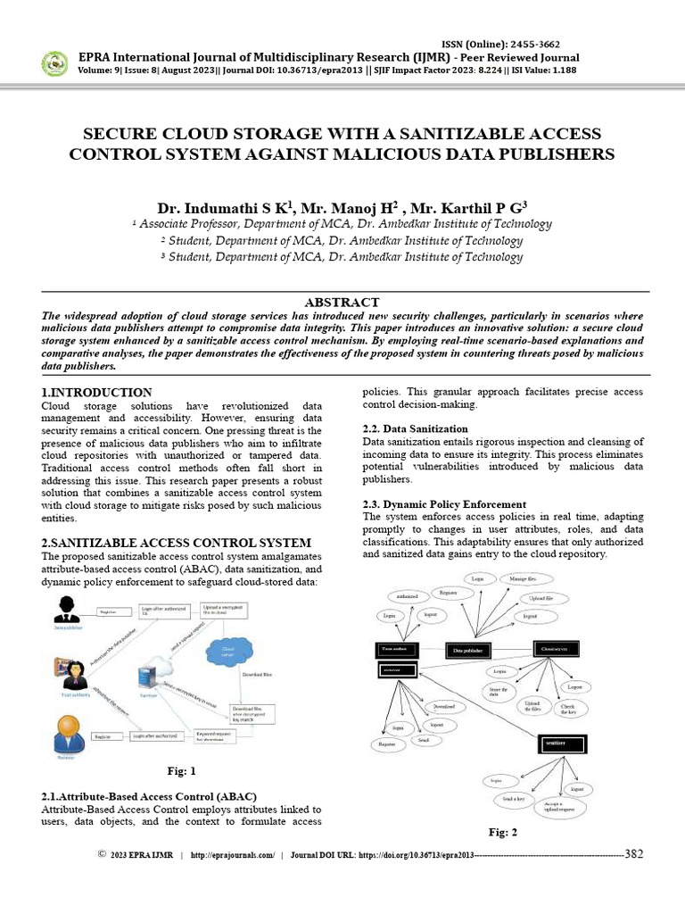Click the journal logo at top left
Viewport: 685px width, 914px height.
click(54, 62)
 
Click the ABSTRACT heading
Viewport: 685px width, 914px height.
click(342, 303)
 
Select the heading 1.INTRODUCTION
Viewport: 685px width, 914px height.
click(97, 392)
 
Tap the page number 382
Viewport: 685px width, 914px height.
click(634, 854)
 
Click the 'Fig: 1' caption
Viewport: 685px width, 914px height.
click(181, 769)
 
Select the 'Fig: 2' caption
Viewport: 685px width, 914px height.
click(503, 832)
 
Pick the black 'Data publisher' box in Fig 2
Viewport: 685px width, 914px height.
click(469, 651)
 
